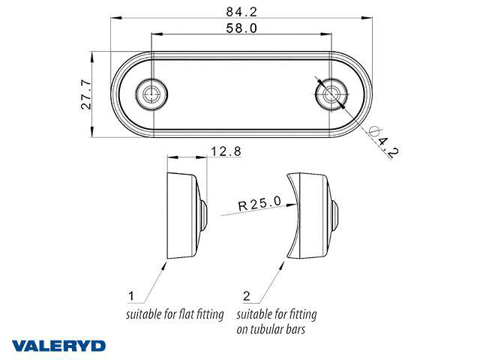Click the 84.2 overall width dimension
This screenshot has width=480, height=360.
pyautogui.click(x=241, y=12)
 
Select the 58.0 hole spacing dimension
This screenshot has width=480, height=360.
pyautogui.click(x=241, y=28)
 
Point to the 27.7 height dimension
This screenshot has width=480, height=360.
pyautogui.click(x=86, y=94)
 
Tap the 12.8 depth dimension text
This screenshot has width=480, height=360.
pyautogui.click(x=226, y=151)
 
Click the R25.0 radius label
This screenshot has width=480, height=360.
pyautogui.click(x=259, y=203)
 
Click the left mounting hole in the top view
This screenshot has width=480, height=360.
pyautogui.click(x=151, y=94)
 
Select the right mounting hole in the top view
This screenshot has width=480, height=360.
pyautogui.click(x=331, y=94)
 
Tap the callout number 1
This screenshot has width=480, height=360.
pyautogui.click(x=131, y=296)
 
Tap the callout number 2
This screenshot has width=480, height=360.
pyautogui.click(x=247, y=296)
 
